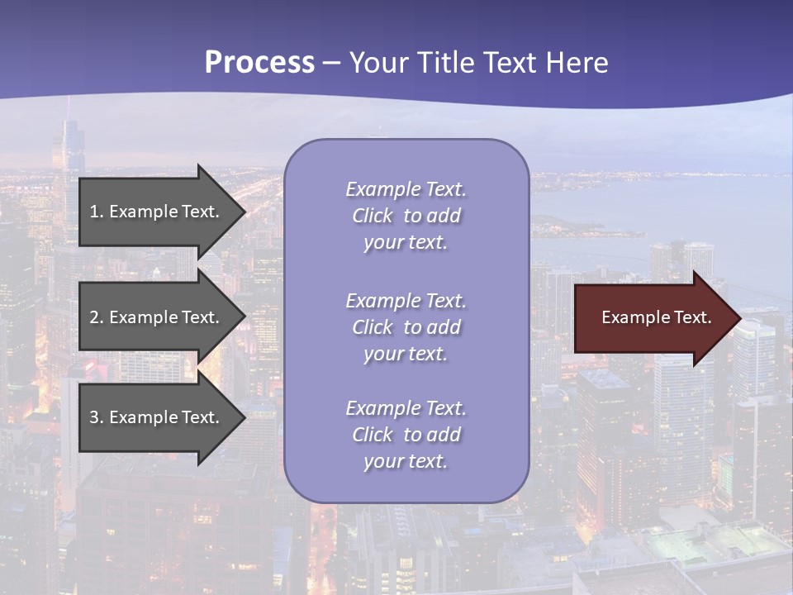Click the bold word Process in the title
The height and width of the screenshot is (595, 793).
259,63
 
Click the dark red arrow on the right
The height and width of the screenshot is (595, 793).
653,318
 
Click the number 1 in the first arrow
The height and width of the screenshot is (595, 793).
94,212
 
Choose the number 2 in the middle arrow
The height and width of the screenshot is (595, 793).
94,317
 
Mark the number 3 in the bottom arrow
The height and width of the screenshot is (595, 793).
94,417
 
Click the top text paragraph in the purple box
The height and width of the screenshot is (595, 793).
406,216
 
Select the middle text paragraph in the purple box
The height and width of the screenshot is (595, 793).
406,327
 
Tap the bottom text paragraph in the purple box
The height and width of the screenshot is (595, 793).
406,435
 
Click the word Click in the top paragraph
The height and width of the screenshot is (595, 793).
372,217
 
